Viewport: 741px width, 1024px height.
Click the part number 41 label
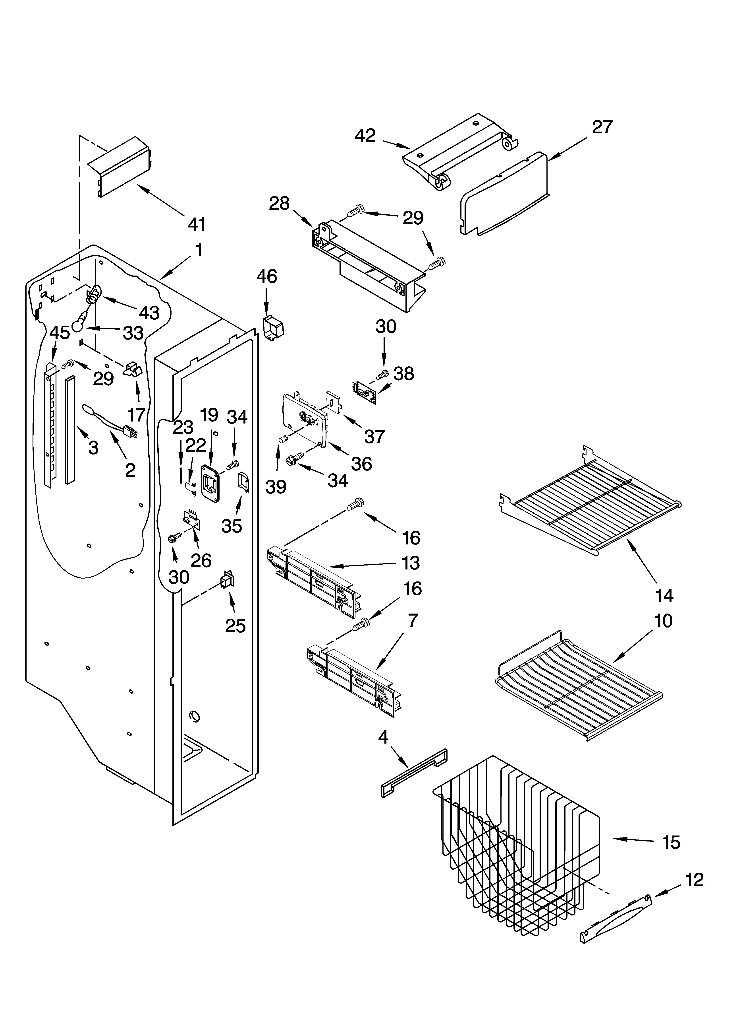(197, 224)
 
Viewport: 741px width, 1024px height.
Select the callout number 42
(365, 136)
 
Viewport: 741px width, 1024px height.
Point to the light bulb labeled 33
(79, 323)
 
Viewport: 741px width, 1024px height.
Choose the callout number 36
(361, 464)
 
